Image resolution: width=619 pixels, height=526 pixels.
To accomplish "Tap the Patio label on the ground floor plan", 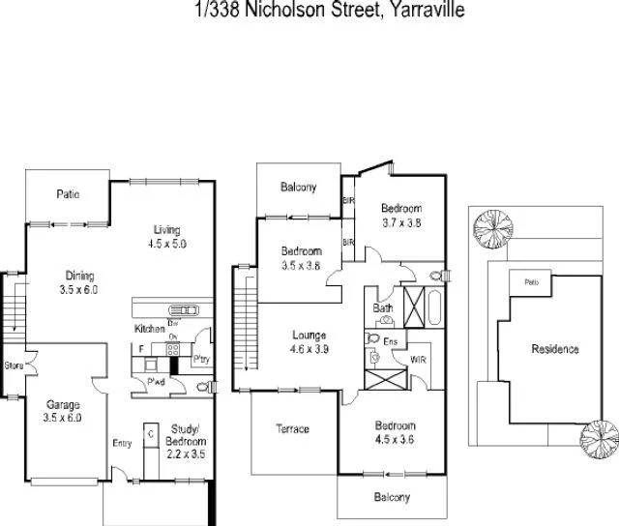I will tap(67, 194).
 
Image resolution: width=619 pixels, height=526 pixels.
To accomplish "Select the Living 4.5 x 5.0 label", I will tap(167, 236).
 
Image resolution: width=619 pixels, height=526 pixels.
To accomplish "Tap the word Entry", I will tap(122, 444).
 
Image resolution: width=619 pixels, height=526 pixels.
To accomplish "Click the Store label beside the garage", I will tap(14, 365).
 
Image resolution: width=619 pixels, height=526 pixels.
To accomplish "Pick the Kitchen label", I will tap(150, 330).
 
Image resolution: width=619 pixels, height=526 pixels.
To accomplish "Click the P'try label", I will tap(202, 360).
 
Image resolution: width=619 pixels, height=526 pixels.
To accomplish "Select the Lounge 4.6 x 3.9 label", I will tap(311, 342).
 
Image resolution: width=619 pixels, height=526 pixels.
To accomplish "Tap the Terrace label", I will tap(292, 428).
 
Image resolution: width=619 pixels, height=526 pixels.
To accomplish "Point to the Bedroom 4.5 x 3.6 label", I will tap(397, 432).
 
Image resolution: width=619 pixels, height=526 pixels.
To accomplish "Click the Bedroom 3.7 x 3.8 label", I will tap(400, 215).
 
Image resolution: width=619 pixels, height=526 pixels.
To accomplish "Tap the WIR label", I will tap(419, 360).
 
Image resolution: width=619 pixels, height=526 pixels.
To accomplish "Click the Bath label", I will tap(383, 308).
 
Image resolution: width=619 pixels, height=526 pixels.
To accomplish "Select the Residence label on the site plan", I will tap(554, 349).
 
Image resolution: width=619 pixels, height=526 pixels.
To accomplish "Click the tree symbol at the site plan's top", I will tap(488, 230).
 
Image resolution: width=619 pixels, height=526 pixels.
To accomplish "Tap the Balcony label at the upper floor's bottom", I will tap(392, 498).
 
